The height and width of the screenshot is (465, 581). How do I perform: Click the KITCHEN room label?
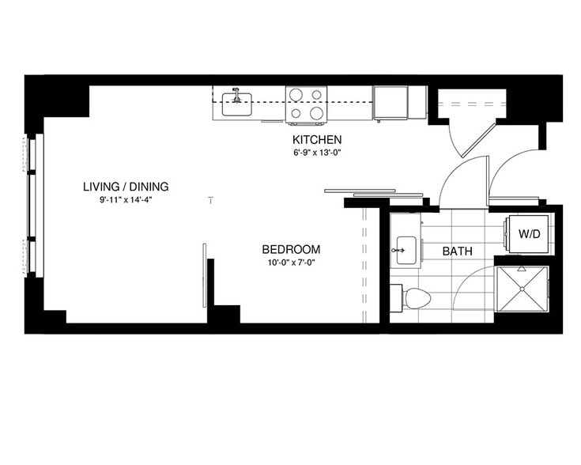point(315,140)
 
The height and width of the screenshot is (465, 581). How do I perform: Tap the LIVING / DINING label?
point(126,187)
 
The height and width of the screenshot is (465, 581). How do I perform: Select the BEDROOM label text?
point(291,249)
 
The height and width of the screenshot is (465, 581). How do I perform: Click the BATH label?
point(457,251)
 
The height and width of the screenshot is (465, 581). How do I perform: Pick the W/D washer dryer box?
point(528,235)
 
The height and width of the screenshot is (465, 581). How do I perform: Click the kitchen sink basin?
point(236,104)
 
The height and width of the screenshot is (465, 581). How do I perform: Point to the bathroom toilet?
point(416,298)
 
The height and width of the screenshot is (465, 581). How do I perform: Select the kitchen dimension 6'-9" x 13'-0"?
point(315,153)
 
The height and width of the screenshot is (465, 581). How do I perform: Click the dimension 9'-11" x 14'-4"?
point(125,200)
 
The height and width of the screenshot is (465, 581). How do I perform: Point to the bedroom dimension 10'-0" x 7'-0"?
point(291,263)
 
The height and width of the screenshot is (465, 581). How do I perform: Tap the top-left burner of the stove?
point(296,95)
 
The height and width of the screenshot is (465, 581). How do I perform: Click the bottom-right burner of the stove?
point(317,113)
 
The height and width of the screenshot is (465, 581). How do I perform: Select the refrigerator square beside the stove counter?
point(389,102)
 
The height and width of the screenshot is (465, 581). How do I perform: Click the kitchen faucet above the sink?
point(236,93)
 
